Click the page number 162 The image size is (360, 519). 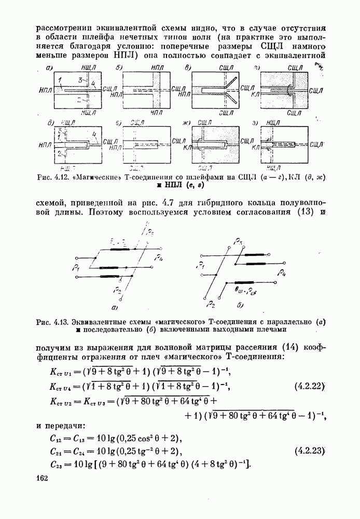43,477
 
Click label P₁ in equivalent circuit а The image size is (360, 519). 76,269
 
